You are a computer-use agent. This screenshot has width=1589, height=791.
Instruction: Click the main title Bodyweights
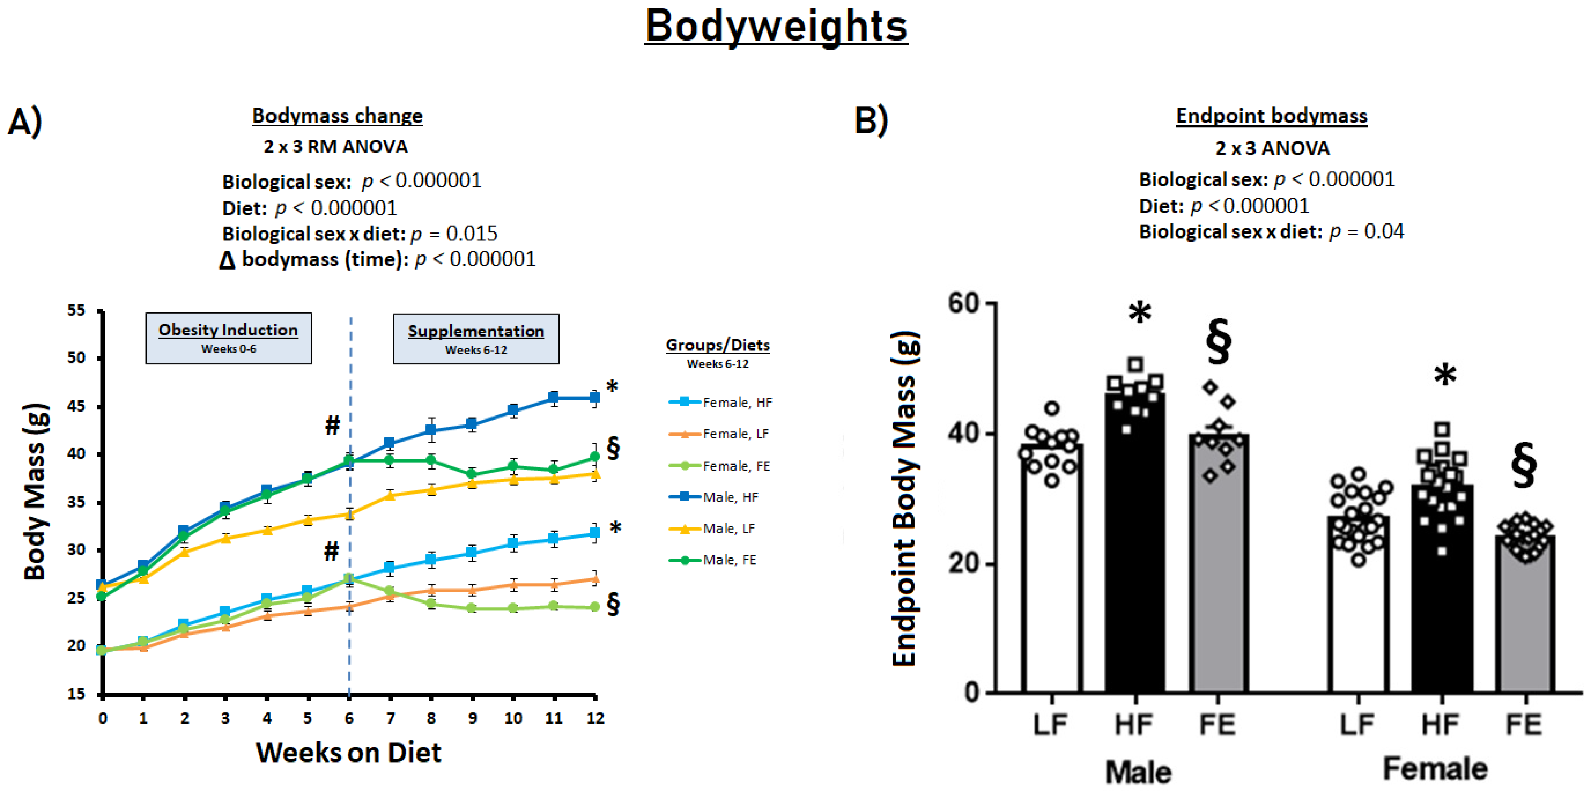pos(776,27)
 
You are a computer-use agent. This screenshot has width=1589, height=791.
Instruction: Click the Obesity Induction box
pos(228,338)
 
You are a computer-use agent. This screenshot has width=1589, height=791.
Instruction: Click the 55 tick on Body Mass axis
pos(77,310)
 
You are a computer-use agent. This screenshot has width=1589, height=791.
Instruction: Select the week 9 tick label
pos(472,718)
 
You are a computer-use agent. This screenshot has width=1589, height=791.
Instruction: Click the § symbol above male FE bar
pos(1219,341)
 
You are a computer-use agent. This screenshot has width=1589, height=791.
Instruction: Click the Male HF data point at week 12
pos(594,398)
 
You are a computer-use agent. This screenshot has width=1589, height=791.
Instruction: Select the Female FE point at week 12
pos(594,607)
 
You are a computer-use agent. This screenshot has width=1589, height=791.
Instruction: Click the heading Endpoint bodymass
pos(1272,116)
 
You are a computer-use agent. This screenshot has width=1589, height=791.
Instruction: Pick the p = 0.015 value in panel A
pos(454,234)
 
